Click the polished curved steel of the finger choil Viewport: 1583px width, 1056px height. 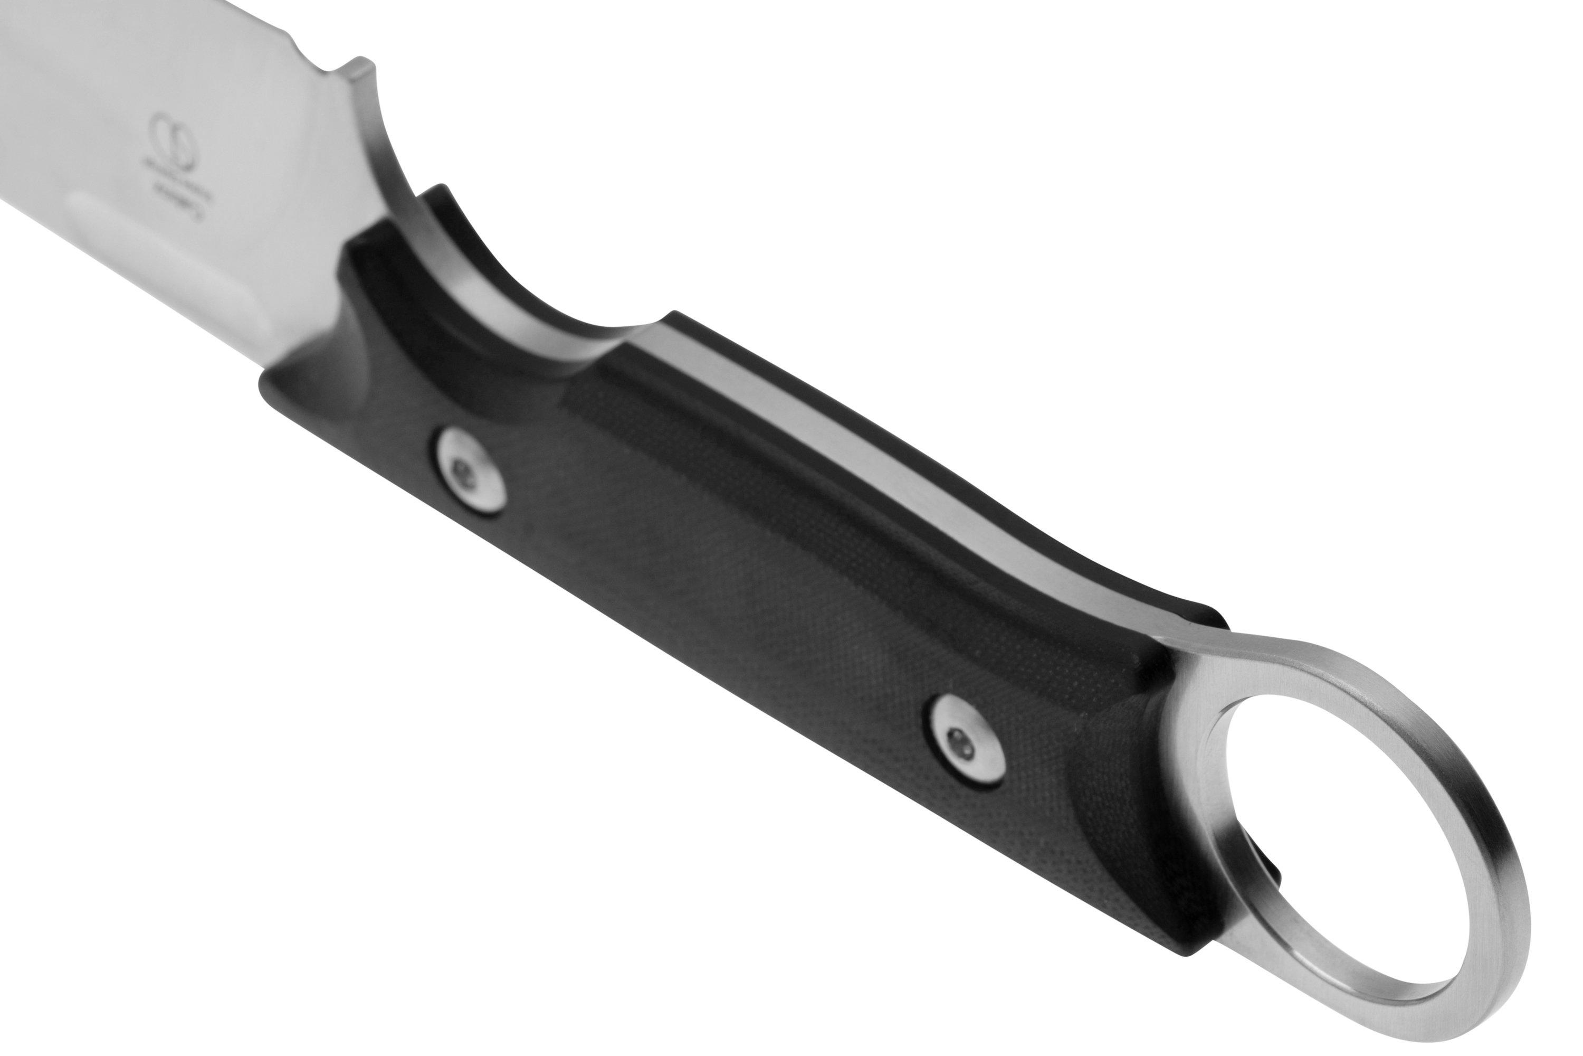471,283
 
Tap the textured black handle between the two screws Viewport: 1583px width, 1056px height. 707,592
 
